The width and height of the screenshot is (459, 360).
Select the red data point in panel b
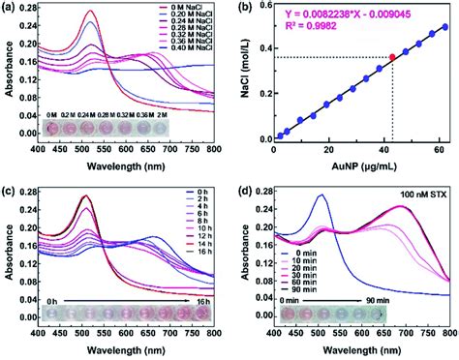[392, 58]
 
